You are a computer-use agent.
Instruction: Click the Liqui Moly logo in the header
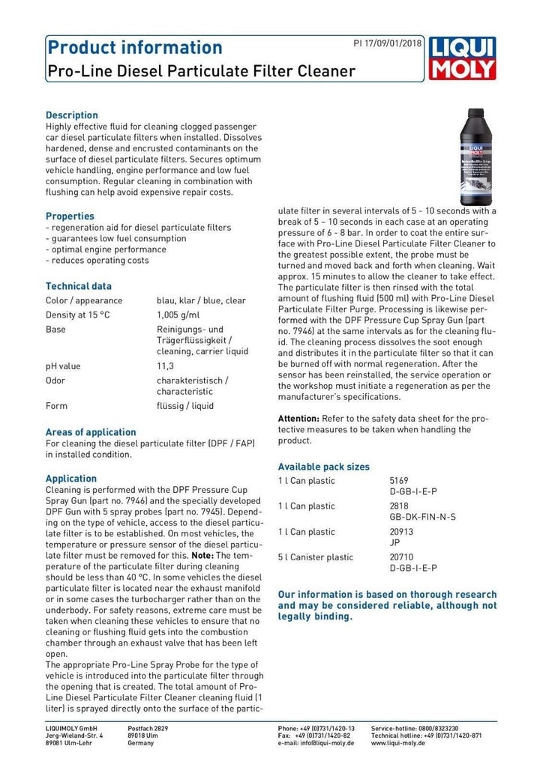[x=463, y=59]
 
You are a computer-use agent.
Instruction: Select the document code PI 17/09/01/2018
[x=387, y=43]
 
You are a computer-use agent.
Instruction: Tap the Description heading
[x=72, y=115]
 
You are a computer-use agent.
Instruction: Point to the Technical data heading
[x=79, y=286]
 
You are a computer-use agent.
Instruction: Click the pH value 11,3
[x=165, y=366]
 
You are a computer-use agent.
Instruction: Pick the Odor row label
[x=55, y=381]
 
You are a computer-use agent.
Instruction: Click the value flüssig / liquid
[x=184, y=406]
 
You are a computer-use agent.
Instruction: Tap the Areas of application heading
[x=91, y=432]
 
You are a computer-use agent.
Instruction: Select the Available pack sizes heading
[x=323, y=467]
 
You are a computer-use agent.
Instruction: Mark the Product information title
[x=134, y=48]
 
